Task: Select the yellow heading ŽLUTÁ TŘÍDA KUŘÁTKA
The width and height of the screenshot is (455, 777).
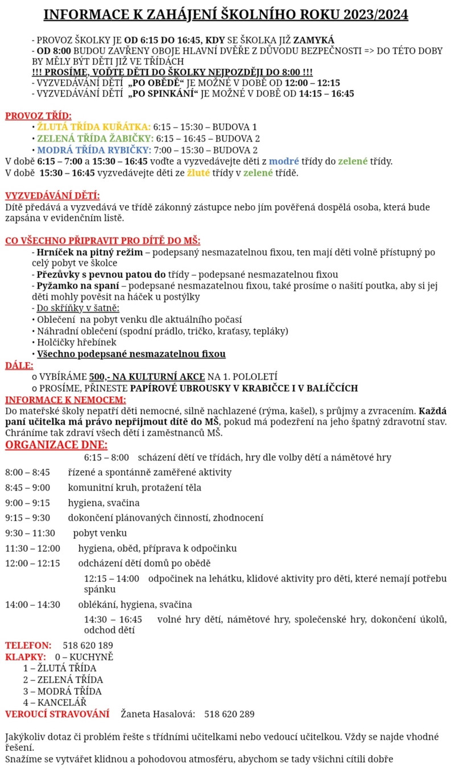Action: pos(94,127)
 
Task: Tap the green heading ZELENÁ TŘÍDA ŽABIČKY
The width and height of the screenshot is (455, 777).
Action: pos(95,139)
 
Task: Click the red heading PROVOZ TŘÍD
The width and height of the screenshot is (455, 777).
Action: pos(39,117)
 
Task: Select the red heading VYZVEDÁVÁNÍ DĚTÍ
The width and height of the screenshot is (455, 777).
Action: pos(52,196)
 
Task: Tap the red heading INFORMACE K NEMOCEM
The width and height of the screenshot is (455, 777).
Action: pos(65,400)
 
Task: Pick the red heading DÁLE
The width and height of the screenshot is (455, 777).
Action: pos(19,365)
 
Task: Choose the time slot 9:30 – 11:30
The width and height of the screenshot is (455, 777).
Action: pos(30,533)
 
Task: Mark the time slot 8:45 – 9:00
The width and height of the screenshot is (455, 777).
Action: pos(27,488)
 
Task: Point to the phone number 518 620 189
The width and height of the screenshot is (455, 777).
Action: pos(88,646)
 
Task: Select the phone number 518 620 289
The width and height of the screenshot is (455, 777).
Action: pos(229,714)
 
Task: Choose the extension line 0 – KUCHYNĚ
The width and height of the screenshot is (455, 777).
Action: pos(84,657)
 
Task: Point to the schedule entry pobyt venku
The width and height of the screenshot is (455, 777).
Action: pos(100,533)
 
